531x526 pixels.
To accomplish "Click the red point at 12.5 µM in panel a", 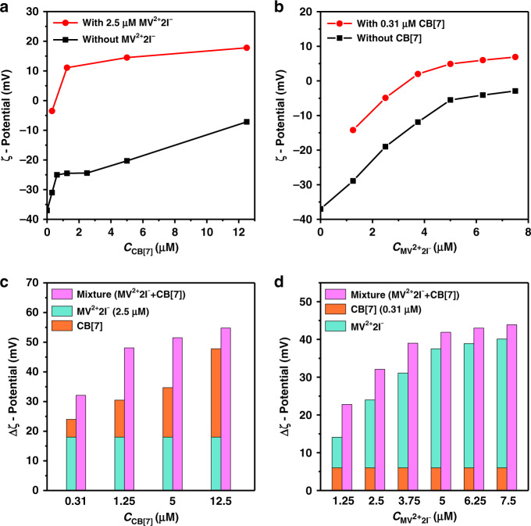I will (247, 48).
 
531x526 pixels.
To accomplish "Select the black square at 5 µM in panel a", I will (127, 160).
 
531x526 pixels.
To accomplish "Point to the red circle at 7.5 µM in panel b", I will (515, 57).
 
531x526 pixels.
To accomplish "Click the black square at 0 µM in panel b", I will (320, 208).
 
